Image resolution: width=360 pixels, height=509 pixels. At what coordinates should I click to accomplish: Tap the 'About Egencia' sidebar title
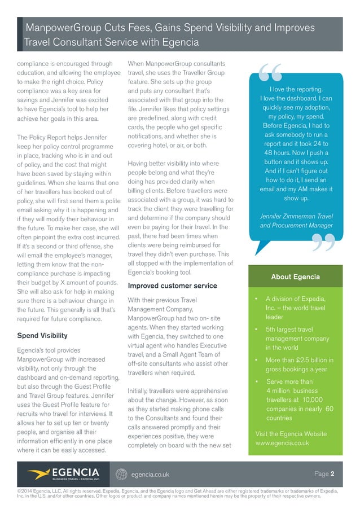295,277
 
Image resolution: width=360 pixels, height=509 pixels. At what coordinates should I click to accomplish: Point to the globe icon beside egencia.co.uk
120,474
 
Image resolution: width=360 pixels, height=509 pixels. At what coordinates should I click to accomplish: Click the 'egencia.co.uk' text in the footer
150,475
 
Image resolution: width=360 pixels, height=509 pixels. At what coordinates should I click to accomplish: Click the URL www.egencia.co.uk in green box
282,443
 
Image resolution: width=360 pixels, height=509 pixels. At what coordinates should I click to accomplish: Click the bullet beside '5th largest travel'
257,330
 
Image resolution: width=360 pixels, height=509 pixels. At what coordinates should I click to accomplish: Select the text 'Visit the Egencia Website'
291,433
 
